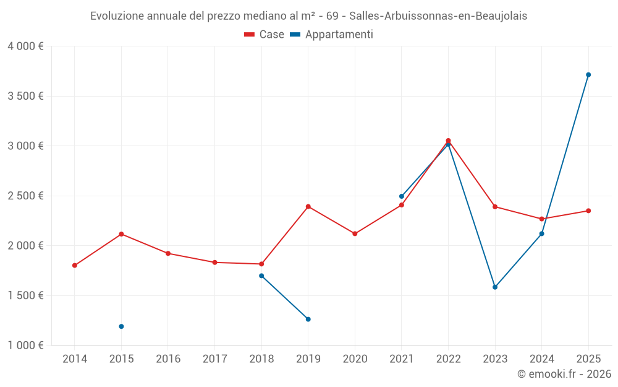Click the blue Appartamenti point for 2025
[x=588, y=75]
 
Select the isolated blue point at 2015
[x=121, y=326]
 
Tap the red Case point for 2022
[x=448, y=141]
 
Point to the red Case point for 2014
[x=75, y=266]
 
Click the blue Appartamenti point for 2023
[x=495, y=287]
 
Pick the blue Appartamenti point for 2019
[x=308, y=320]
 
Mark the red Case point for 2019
[x=308, y=207]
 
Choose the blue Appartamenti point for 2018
[x=261, y=276]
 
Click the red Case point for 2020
[x=355, y=234]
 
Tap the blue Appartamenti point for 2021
[x=402, y=196]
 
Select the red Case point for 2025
[x=588, y=211]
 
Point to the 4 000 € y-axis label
[x=25, y=46]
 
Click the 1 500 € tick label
[x=25, y=295]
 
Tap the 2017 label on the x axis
[x=214, y=359]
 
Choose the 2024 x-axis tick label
[x=541, y=359]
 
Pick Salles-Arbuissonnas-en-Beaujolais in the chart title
[x=438, y=16]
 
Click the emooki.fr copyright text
[x=564, y=374]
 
